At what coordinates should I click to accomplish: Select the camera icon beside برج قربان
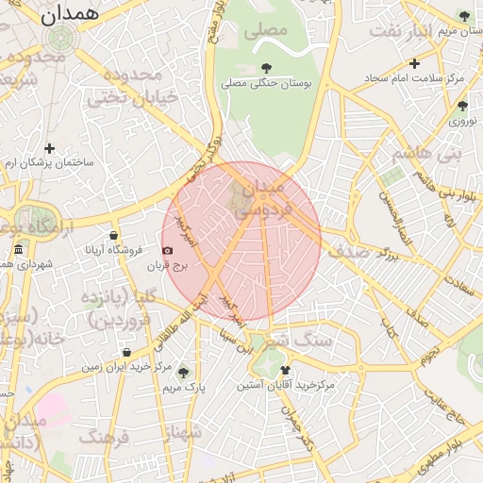point(168,250)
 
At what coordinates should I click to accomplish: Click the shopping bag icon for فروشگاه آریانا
point(114,235)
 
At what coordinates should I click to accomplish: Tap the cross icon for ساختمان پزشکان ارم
point(49,148)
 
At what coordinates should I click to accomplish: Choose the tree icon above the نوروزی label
point(461,106)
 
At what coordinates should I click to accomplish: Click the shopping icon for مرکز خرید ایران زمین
point(126,352)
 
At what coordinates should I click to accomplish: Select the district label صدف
point(350,251)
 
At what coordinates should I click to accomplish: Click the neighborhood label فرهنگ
point(104,436)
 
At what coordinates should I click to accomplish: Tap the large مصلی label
point(265,31)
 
